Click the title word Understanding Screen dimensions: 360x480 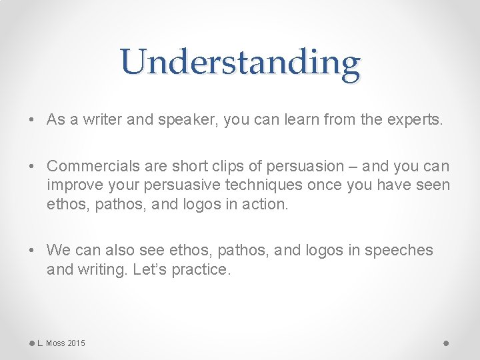click(x=241, y=63)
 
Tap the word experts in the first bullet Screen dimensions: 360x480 click(x=415, y=120)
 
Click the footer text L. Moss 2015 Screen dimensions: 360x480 click(x=61, y=343)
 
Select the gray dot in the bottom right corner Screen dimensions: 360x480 click(x=447, y=343)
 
